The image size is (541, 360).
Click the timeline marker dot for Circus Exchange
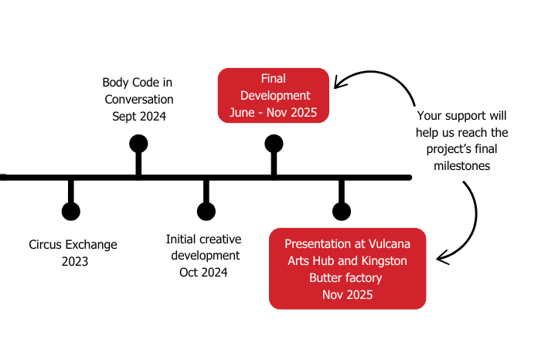click(x=70, y=211)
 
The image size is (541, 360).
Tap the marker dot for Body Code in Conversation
click(x=138, y=143)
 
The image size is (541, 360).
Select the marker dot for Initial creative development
click(x=206, y=211)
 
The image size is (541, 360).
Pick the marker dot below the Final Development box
click(x=274, y=143)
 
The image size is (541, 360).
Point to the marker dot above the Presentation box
click(x=341, y=211)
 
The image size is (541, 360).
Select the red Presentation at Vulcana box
click(x=347, y=268)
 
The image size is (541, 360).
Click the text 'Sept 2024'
click(x=138, y=117)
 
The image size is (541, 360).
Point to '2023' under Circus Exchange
click(x=75, y=261)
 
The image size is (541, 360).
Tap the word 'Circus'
click(x=46, y=245)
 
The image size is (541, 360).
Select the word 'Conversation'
click(x=138, y=100)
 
